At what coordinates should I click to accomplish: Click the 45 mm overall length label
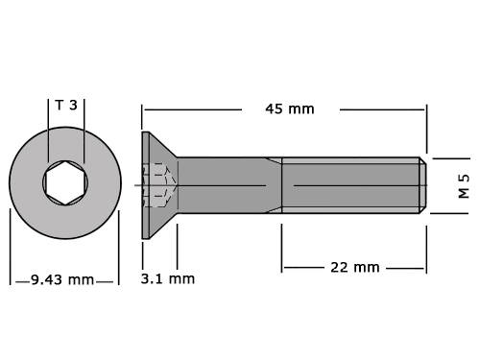click(x=290, y=109)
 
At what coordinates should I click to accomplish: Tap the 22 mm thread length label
click(x=355, y=268)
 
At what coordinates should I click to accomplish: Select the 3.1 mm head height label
click(x=168, y=279)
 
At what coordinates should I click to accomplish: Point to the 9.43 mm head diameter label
click(x=62, y=280)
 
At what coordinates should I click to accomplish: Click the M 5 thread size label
click(x=464, y=186)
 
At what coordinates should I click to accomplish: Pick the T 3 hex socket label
click(x=66, y=105)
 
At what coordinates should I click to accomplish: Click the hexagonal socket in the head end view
click(x=65, y=182)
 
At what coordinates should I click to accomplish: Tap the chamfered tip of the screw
click(x=423, y=185)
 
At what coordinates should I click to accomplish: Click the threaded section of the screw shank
click(x=350, y=185)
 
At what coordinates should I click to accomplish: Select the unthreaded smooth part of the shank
click(x=229, y=185)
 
